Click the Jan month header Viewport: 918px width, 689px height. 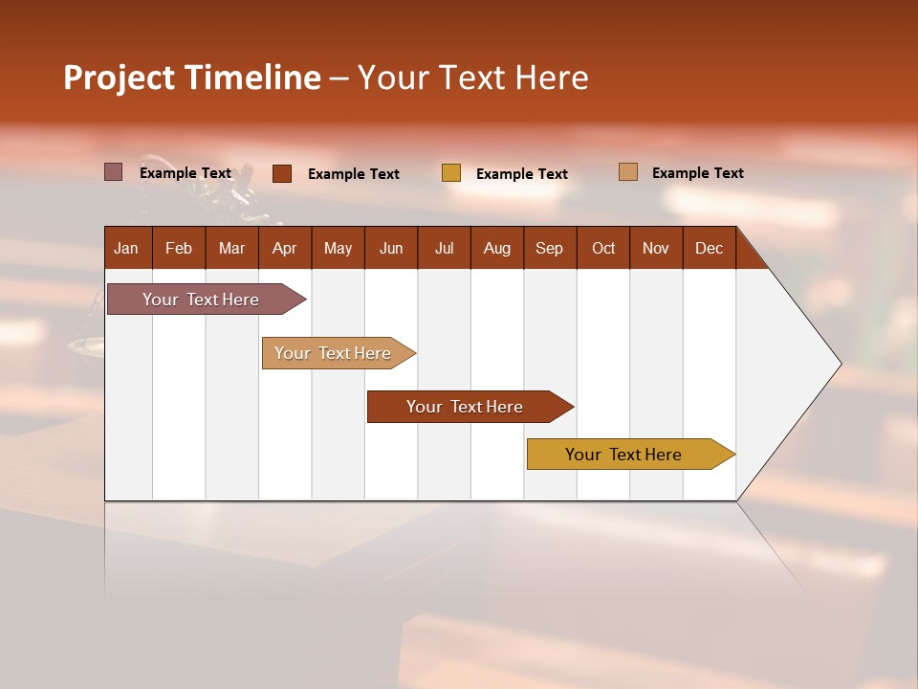click(x=127, y=248)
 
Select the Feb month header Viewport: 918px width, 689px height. click(x=179, y=248)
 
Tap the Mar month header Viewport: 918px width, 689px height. click(x=231, y=248)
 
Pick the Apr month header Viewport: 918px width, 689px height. click(x=285, y=248)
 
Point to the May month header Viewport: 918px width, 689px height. click(x=338, y=248)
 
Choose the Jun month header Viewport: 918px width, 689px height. click(x=391, y=248)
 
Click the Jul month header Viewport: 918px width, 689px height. click(x=444, y=248)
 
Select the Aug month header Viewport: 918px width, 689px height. click(x=497, y=248)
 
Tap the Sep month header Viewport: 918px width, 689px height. click(x=550, y=248)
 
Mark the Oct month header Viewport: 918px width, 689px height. click(x=603, y=248)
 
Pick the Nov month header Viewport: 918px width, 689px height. click(x=656, y=248)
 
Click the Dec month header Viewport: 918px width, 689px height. click(x=710, y=248)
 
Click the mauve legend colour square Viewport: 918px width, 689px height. click(x=114, y=172)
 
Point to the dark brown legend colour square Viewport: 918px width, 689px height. click(x=282, y=173)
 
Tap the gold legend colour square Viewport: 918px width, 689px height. click(x=451, y=173)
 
